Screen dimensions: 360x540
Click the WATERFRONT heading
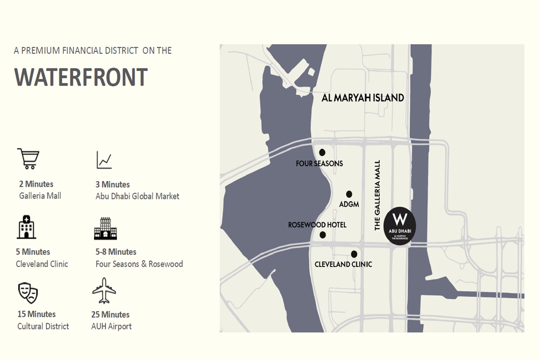click(x=81, y=77)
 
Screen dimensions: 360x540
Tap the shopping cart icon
click(x=28, y=159)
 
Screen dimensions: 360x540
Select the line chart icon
click(x=104, y=160)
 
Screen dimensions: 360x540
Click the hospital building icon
click(x=27, y=227)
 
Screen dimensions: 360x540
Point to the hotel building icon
click(x=105, y=228)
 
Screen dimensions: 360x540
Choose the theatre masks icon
click(x=27, y=293)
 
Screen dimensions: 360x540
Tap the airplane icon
click(x=104, y=291)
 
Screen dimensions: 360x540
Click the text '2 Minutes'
click(x=36, y=184)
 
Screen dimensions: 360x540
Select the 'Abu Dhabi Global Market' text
click(x=137, y=196)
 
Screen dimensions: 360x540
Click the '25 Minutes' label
click(x=110, y=315)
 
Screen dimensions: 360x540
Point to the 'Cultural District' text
click(x=43, y=326)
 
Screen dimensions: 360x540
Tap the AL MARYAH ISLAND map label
click(x=363, y=98)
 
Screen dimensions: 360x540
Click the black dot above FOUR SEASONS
click(x=322, y=152)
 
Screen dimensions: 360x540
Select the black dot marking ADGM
click(x=349, y=193)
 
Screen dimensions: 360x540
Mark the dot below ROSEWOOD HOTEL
click(x=323, y=234)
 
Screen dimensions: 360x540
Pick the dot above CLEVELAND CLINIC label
click(x=354, y=254)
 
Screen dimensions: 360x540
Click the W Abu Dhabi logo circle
click(x=400, y=226)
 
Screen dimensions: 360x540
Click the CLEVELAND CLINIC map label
click(x=343, y=264)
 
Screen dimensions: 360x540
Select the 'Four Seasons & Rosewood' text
click(x=139, y=264)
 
